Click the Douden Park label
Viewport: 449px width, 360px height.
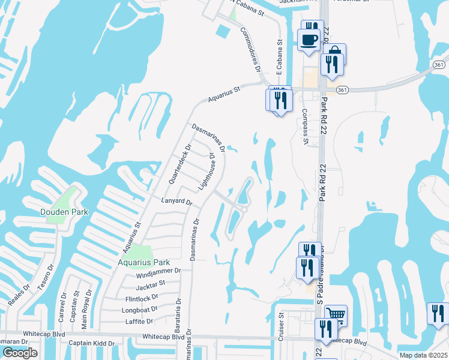[x=64, y=212]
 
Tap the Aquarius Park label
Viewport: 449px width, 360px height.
[x=143, y=262]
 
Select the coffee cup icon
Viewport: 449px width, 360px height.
[x=309, y=40]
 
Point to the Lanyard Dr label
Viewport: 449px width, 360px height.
[x=176, y=202]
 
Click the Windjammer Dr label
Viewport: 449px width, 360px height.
[x=158, y=271]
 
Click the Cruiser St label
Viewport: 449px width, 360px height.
[x=281, y=326]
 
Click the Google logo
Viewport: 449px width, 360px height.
[x=20, y=353]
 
